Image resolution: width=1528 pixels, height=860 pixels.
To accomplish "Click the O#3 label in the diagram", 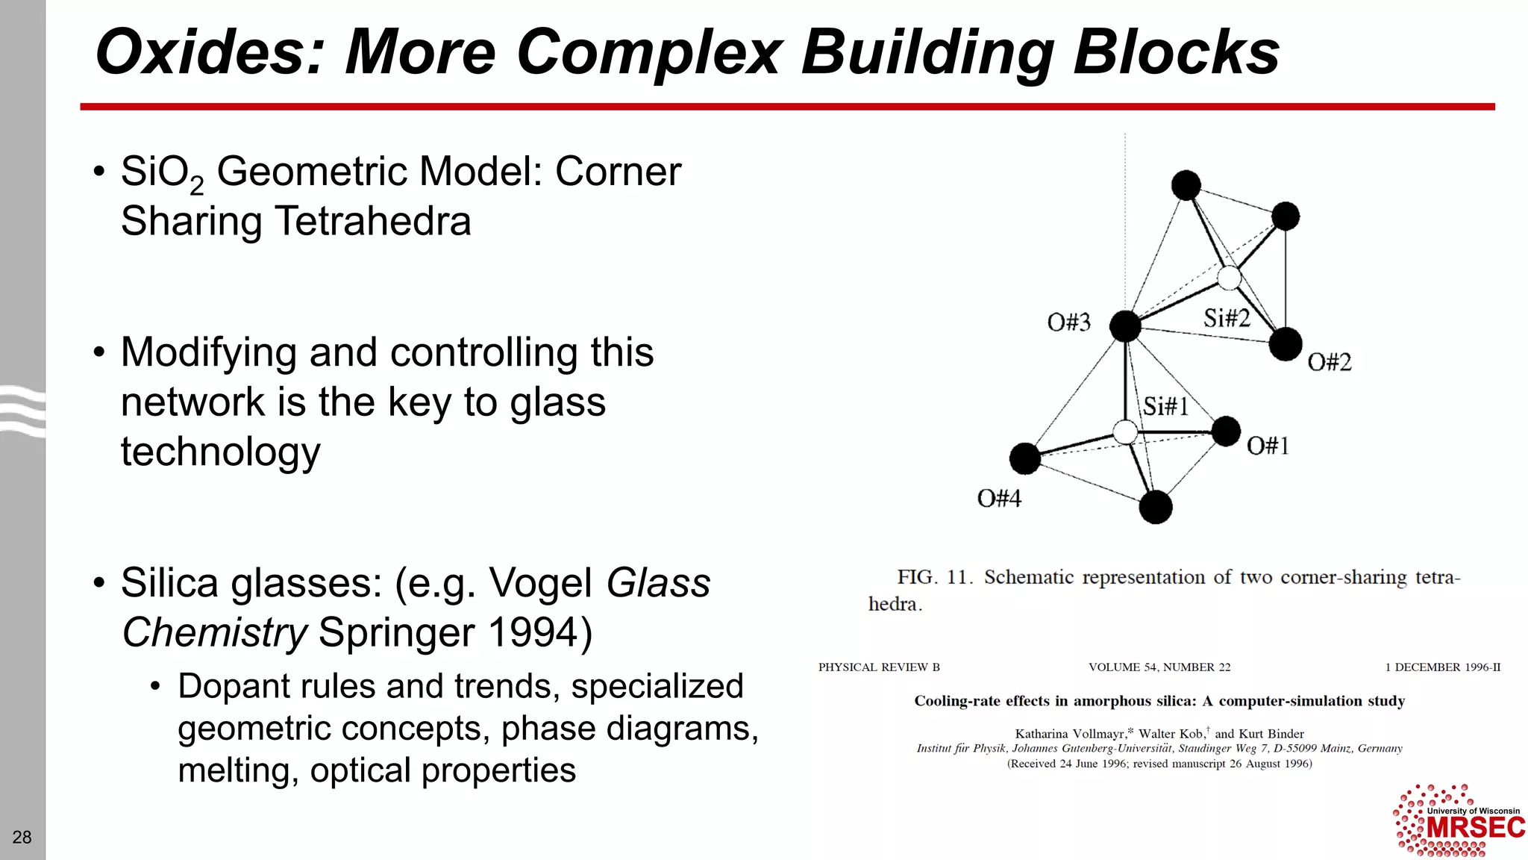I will pyautogui.click(x=1068, y=322).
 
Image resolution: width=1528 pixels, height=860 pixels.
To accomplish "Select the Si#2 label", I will pyautogui.click(x=1226, y=319).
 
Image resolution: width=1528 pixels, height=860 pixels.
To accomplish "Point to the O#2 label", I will pyautogui.click(x=1329, y=363).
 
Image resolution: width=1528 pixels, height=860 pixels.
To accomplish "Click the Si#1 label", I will pyautogui.click(x=1165, y=407).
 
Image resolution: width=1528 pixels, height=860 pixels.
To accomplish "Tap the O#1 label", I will pyautogui.click(x=1268, y=446).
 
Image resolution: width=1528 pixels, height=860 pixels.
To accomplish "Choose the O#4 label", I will pyautogui.click(x=999, y=499).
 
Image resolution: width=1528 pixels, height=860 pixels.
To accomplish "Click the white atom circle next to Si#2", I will pyautogui.click(x=1229, y=278).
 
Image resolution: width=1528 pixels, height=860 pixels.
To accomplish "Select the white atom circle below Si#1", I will pyautogui.click(x=1125, y=431).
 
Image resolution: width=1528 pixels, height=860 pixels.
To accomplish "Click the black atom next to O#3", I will pyautogui.click(x=1125, y=326).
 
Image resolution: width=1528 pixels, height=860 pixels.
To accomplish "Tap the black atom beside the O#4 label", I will pyautogui.click(x=1025, y=458).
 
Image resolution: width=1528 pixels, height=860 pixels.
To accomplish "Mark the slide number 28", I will pyautogui.click(x=22, y=838).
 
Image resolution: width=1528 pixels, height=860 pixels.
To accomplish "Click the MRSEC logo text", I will pyautogui.click(x=1475, y=828).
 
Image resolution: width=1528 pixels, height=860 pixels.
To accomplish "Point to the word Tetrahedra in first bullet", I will pyautogui.click(x=373, y=222).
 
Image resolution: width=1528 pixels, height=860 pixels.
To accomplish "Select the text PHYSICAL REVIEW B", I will pyautogui.click(x=879, y=667).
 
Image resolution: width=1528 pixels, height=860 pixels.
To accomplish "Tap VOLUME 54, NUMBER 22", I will pyautogui.click(x=1159, y=667).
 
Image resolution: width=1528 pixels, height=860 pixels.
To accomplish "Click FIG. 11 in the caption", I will pyautogui.click(x=934, y=578).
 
